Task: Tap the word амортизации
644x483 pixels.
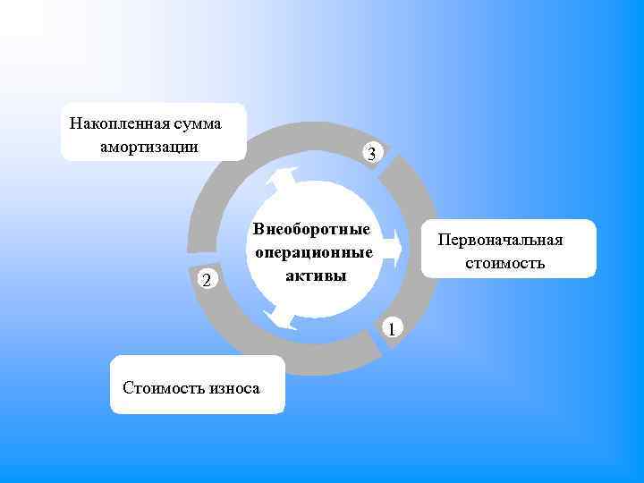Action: coord(150,145)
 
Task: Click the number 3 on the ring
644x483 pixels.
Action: coord(371,154)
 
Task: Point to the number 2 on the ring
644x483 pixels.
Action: coord(207,281)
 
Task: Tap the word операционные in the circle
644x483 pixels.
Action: coord(313,252)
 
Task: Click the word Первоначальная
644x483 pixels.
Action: coord(500,241)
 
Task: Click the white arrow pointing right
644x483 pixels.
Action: coord(386,253)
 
